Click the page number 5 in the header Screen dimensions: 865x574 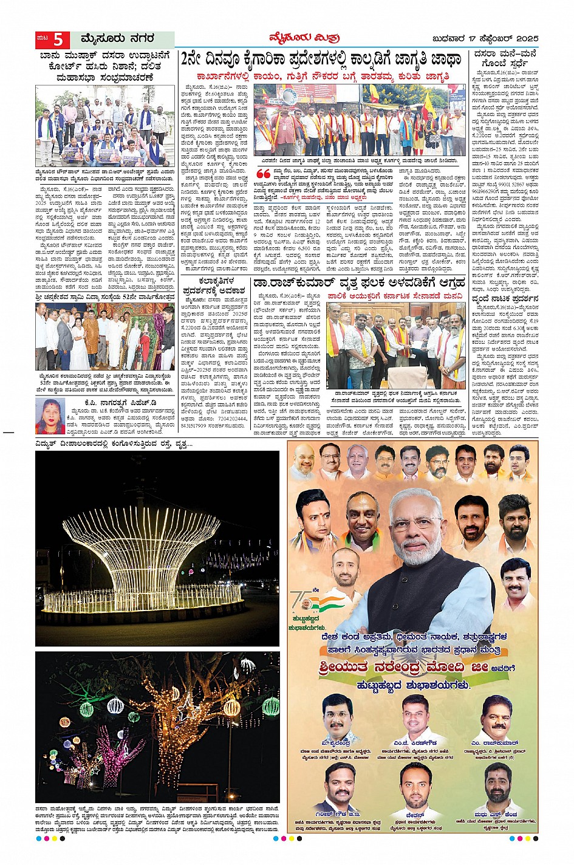tap(58, 39)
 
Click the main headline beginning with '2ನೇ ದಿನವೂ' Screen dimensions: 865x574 tap(321, 60)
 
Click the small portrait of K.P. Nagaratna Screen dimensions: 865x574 tap(49, 416)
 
